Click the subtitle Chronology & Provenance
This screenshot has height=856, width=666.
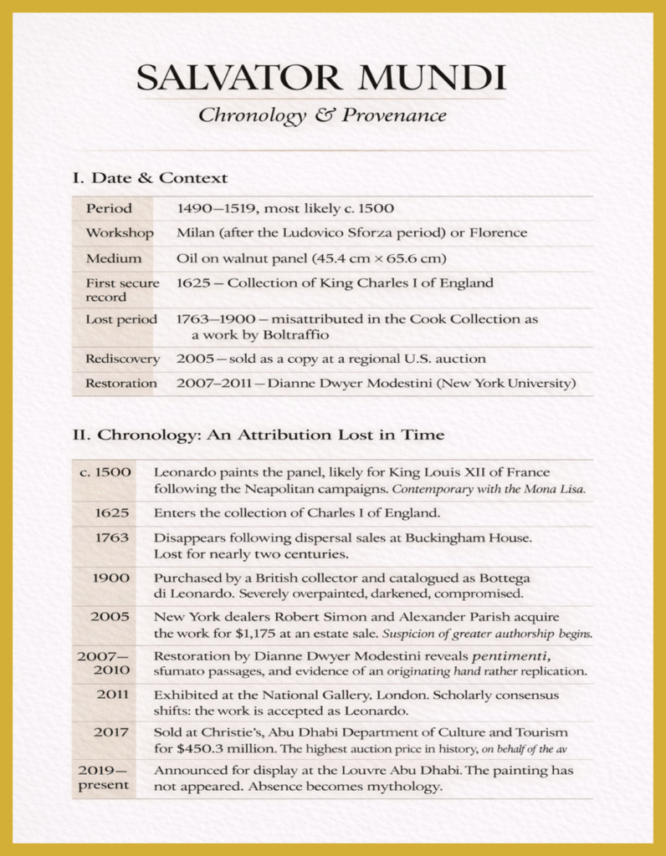point(321,116)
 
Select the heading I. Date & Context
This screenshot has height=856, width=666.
point(150,178)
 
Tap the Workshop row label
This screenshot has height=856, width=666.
point(120,232)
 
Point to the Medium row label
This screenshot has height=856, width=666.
point(114,258)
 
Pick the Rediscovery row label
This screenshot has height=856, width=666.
point(122,359)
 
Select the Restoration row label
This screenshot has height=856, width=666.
point(121,384)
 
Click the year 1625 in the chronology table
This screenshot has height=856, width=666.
point(112,512)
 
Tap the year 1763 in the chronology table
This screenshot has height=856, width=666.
point(112,538)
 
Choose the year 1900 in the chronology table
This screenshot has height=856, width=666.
point(112,578)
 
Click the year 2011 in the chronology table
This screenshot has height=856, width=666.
point(112,695)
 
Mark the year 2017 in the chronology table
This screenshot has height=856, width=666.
point(112,732)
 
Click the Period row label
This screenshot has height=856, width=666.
point(109,207)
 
